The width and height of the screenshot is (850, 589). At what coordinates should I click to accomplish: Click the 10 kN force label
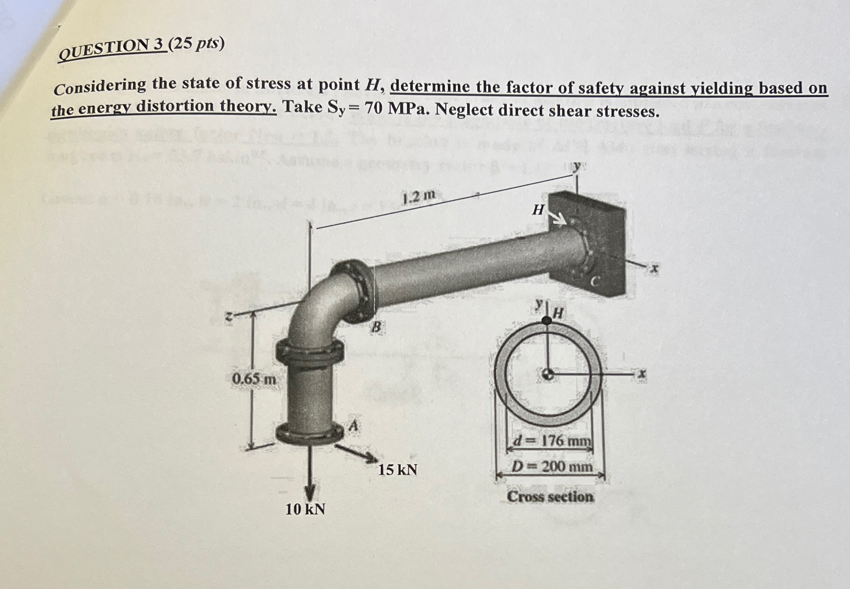(305, 509)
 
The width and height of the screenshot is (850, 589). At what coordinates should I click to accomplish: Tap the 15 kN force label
(398, 470)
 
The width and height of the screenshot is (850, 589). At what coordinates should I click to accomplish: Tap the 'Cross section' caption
(550, 497)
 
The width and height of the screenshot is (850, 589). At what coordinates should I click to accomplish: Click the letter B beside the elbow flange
(376, 328)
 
